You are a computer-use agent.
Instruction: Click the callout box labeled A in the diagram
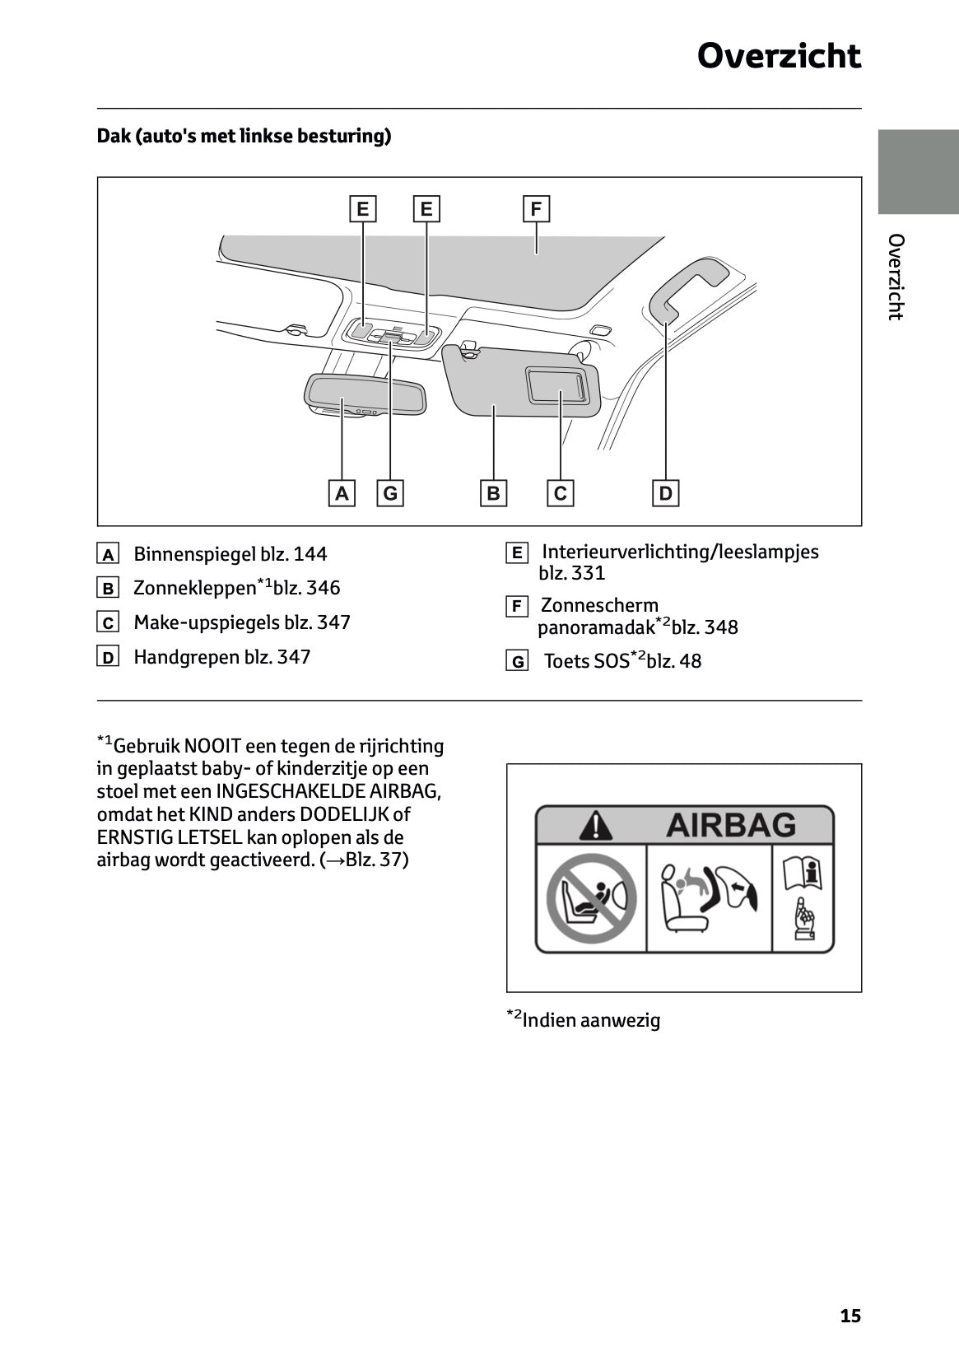click(342, 493)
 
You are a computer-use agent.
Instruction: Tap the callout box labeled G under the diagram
click(390, 493)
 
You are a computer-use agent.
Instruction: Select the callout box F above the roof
click(536, 209)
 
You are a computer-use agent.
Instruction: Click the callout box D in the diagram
click(665, 493)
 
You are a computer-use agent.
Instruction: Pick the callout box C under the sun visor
click(561, 493)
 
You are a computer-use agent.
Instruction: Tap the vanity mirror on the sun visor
click(557, 385)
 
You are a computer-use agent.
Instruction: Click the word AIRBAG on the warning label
click(730, 824)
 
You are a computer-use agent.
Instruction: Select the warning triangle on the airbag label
click(595, 825)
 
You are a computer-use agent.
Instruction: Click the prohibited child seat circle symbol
click(589, 899)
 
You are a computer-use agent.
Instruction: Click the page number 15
click(850, 1316)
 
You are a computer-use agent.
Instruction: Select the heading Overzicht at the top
click(779, 56)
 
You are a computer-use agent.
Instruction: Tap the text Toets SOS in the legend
click(586, 661)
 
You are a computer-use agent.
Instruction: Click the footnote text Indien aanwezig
click(590, 1020)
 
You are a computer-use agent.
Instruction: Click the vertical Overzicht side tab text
click(896, 277)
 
